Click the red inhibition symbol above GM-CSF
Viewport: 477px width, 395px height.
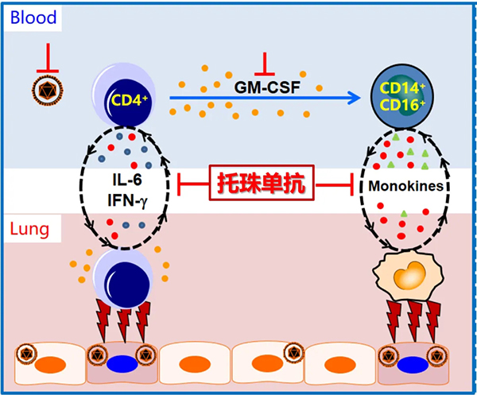[x=263, y=61]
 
